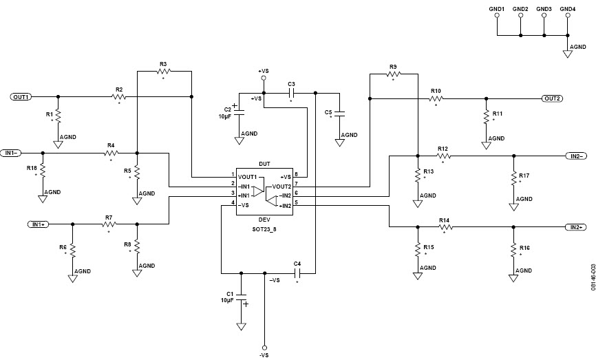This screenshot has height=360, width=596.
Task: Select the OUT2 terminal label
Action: point(553,98)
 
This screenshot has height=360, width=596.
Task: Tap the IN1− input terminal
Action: point(12,153)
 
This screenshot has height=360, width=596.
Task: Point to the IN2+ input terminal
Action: point(576,227)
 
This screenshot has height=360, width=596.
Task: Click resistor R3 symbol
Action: point(163,71)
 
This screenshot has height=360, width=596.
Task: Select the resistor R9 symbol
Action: point(393,74)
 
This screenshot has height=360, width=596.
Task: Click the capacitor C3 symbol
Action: point(291,92)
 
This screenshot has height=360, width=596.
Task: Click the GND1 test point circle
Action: point(497,17)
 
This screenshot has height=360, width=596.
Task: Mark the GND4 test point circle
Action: point(568,17)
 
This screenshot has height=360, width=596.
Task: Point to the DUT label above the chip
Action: point(265,165)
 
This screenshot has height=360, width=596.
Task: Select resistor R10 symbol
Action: point(436,98)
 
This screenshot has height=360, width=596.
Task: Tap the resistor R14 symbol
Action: point(444,227)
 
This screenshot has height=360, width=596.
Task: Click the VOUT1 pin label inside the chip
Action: point(248,177)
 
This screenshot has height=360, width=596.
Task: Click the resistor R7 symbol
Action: point(108,224)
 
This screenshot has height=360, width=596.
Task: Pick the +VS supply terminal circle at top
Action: point(264,78)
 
